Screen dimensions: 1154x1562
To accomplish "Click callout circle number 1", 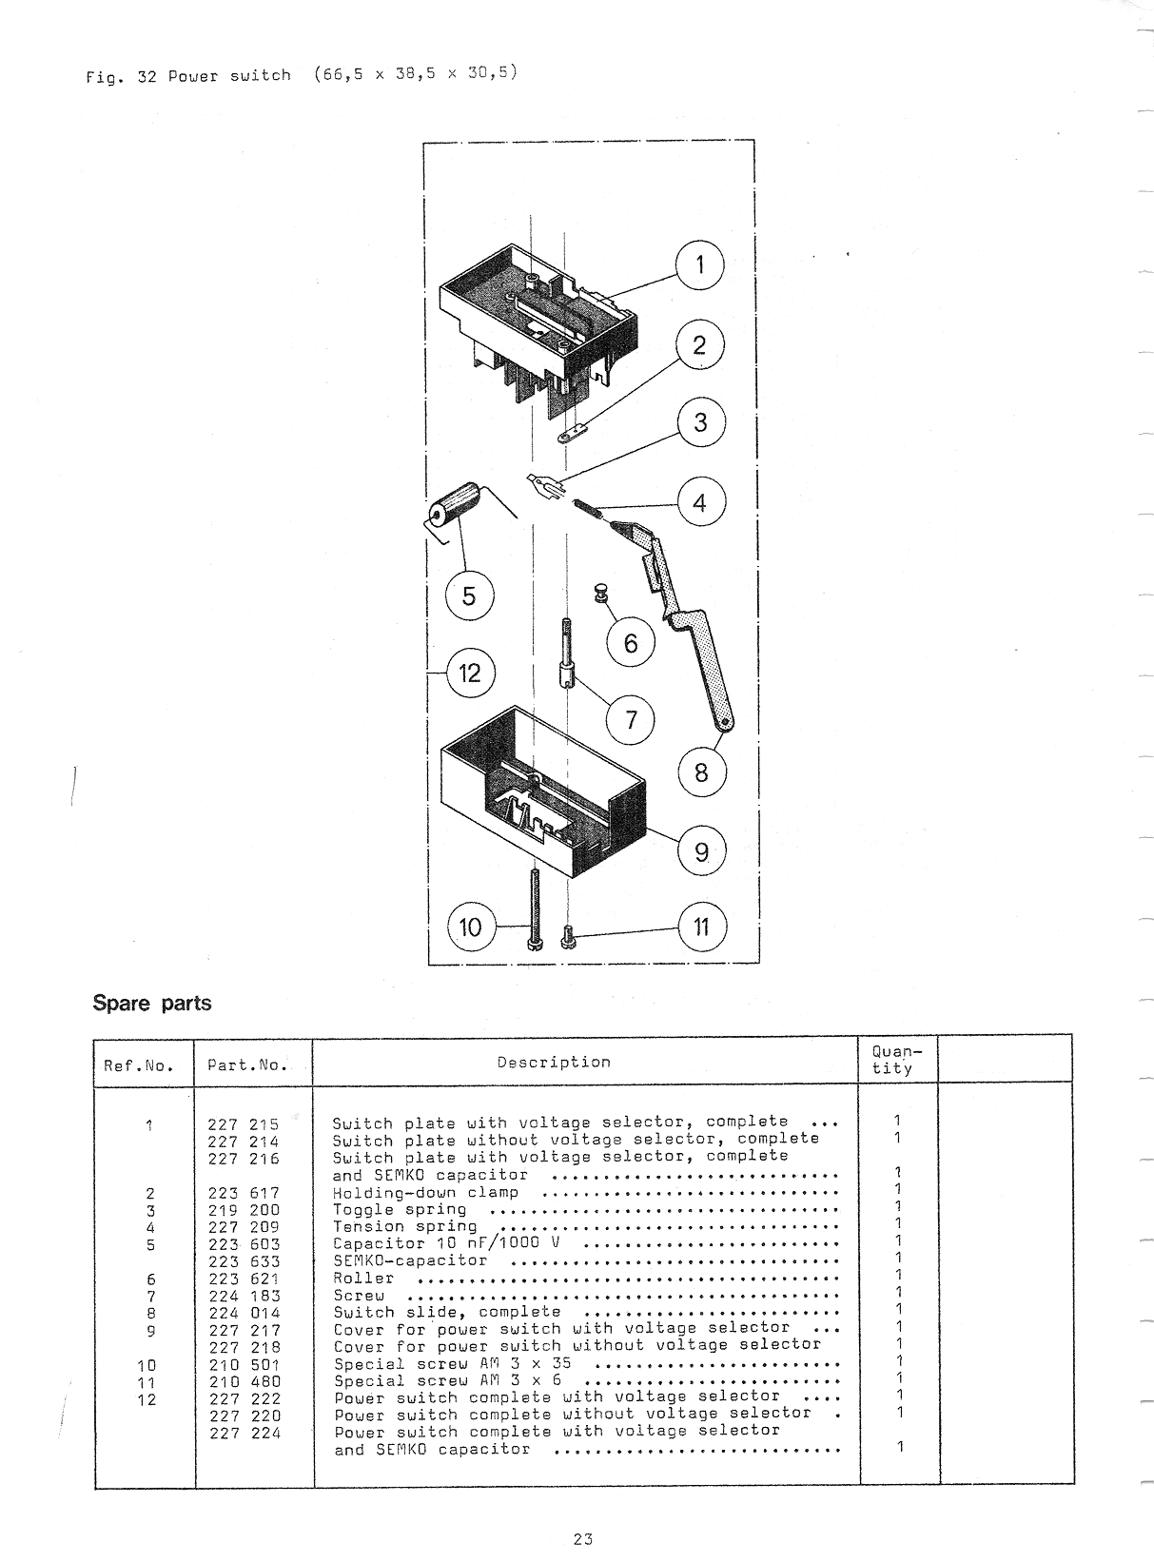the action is click(699, 264).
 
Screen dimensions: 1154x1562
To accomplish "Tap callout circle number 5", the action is click(469, 596).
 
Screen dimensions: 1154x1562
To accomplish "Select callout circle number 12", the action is click(470, 674).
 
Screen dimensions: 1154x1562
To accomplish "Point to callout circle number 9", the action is click(702, 850).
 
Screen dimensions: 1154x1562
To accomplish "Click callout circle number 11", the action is click(702, 927).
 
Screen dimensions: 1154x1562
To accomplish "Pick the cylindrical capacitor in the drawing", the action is click(454, 503).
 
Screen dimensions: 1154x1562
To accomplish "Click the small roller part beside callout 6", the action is click(601, 593).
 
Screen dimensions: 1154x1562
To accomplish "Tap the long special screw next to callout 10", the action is click(536, 909).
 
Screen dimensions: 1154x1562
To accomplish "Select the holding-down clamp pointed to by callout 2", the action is click(572, 433).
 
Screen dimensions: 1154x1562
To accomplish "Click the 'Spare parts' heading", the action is click(152, 1003).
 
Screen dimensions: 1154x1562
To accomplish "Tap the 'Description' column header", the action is click(554, 1062).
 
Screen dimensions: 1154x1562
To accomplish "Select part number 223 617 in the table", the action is click(244, 1193).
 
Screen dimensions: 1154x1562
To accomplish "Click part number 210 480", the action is click(244, 1381).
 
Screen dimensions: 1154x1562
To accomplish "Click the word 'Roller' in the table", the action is click(363, 1279).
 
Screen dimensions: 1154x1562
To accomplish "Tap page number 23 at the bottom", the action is click(582, 1539).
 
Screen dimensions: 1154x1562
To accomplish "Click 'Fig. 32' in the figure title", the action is click(121, 77).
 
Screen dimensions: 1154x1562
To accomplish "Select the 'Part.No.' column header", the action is click(247, 1064).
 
